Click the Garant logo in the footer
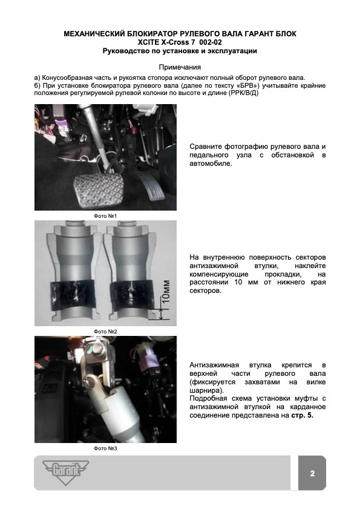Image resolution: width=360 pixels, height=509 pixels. (65, 471)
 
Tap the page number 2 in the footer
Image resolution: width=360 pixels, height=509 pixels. (312, 473)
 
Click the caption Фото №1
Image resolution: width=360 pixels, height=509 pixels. (105, 216)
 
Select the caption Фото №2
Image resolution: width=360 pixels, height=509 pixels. (105, 332)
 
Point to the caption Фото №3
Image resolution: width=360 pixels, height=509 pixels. (105, 448)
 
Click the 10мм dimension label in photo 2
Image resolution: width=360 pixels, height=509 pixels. (166, 291)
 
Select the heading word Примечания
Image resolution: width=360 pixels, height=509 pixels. (180, 67)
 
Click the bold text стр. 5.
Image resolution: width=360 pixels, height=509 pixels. (302, 415)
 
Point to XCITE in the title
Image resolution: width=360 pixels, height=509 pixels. (149, 42)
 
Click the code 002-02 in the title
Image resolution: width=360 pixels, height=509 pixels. (211, 42)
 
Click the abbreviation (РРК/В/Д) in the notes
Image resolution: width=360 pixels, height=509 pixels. (243, 93)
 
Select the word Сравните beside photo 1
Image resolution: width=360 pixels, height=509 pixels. (206, 146)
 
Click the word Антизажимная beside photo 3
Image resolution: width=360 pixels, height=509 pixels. (214, 365)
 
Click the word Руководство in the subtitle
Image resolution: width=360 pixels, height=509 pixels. (123, 51)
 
